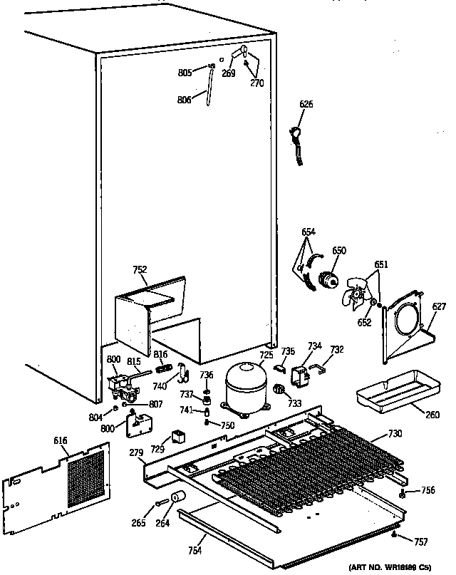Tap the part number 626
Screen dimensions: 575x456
coord(306,105)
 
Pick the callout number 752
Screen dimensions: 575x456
coord(140,269)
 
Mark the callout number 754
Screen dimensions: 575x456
coord(195,549)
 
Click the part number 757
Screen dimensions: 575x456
coord(421,543)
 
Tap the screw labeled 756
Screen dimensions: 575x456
coord(404,492)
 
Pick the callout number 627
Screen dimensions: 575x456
coord(439,308)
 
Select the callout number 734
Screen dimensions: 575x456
coord(314,346)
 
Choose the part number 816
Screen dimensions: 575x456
coord(161,353)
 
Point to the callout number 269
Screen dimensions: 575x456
coord(228,73)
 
